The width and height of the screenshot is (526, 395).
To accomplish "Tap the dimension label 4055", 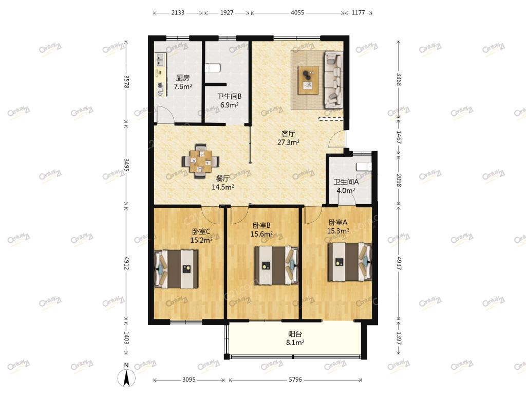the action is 297,13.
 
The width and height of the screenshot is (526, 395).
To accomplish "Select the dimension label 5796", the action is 295,380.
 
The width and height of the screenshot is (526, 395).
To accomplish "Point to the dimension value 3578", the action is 126,81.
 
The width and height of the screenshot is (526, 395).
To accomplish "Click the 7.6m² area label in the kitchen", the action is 183,86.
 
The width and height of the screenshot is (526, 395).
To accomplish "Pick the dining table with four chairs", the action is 201,160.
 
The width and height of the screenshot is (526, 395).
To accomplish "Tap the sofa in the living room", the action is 333,80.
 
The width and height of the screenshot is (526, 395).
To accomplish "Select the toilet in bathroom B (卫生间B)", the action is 212,68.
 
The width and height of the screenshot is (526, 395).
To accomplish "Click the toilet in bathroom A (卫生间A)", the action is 364,167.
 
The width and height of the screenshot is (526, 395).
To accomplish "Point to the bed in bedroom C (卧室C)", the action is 176,268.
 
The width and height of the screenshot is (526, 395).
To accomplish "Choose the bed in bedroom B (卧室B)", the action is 276,266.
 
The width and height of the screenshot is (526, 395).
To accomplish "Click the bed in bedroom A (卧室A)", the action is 349,262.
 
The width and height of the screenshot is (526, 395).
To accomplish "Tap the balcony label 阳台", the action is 295,334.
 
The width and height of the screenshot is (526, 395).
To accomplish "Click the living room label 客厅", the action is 288,134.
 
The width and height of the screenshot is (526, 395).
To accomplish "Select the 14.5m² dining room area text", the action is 223,187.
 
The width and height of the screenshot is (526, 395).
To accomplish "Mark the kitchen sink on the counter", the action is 159,61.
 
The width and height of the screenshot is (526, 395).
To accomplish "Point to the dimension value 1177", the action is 358,13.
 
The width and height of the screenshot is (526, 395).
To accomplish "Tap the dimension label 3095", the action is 189,380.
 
